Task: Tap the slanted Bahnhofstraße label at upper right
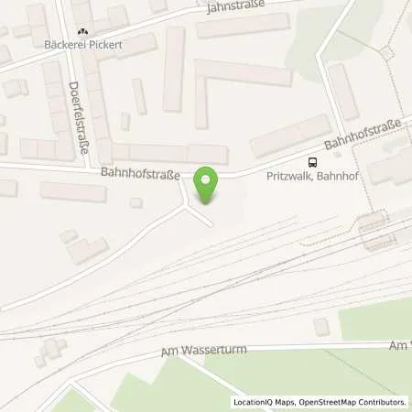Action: (x=360, y=141)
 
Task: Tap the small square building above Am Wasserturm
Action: (x=320, y=326)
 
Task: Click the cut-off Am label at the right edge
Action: (x=397, y=344)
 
